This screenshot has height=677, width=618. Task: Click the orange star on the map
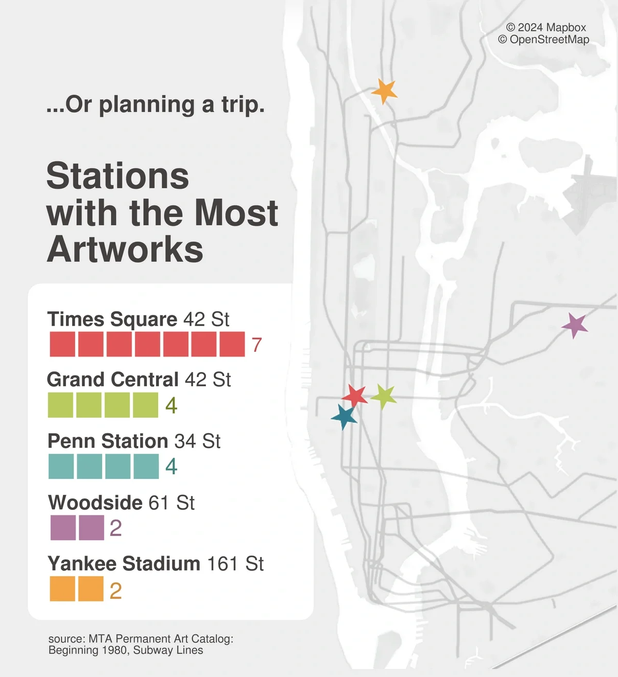click(384, 91)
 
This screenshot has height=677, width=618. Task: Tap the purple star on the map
click(575, 325)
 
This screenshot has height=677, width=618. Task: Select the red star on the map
click(355, 395)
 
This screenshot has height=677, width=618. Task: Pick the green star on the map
click(384, 396)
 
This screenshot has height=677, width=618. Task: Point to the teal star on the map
click(344, 416)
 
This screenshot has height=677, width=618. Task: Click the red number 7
click(256, 345)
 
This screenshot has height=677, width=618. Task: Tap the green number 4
click(171, 406)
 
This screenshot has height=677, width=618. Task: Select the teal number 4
click(171, 467)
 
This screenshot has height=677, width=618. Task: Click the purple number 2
click(116, 528)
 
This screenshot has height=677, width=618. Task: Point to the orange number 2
click(116, 591)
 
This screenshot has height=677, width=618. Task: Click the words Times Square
click(112, 319)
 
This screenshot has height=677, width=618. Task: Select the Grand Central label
click(112, 380)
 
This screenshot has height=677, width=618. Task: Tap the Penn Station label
click(108, 441)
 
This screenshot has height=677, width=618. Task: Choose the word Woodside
click(95, 503)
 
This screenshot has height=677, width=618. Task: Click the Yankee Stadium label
click(124, 564)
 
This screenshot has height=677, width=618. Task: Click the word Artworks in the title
click(125, 250)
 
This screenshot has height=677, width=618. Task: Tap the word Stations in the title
click(118, 176)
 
